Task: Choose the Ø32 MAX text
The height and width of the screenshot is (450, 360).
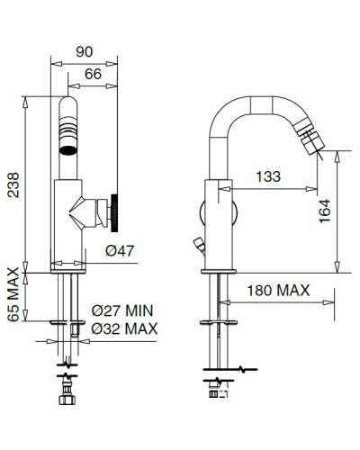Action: point(124,328)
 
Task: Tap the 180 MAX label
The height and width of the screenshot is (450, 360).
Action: point(279,291)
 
